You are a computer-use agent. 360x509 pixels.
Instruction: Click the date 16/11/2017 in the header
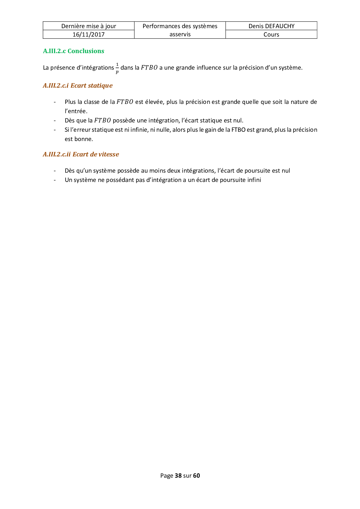click(89, 35)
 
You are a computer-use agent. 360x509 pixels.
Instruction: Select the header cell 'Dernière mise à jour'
click(89, 26)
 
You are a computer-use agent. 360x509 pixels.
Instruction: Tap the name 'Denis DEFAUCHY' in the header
click(271, 26)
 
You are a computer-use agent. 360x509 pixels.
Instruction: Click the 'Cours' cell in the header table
click(271, 35)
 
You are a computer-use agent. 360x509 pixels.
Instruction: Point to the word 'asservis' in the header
click(180, 34)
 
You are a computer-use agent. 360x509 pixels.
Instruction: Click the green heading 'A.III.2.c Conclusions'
click(73, 51)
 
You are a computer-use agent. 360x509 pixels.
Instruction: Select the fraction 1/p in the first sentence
click(117, 68)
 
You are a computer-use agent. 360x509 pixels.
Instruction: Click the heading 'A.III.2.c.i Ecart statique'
click(78, 86)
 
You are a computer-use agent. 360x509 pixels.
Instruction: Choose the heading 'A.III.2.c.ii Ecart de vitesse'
click(81, 154)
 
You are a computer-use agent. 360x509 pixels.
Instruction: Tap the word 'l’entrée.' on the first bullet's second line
click(76, 111)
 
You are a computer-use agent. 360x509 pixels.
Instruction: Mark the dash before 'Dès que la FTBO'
click(55, 120)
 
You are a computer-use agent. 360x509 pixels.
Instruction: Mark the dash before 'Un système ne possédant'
click(55, 180)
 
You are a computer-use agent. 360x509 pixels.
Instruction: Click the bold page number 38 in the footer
click(178, 476)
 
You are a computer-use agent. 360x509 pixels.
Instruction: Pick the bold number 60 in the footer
click(197, 476)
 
